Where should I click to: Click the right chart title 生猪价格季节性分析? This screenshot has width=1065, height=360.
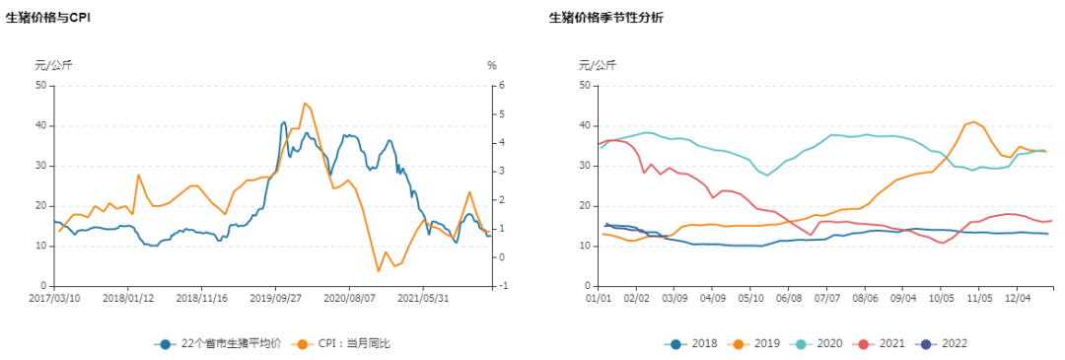606,18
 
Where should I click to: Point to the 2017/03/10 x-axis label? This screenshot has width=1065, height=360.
55,297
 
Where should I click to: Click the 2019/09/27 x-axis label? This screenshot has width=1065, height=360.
275,297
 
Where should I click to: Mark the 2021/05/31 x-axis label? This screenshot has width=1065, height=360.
423,297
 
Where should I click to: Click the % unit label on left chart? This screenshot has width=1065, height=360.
491,65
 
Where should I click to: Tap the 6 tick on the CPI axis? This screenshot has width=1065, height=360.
502,85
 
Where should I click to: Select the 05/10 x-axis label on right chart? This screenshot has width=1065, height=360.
751,297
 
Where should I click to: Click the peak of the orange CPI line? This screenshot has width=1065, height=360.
305,103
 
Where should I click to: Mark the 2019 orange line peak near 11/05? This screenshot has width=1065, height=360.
974,122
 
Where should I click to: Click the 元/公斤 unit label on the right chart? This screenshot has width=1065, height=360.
597,65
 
